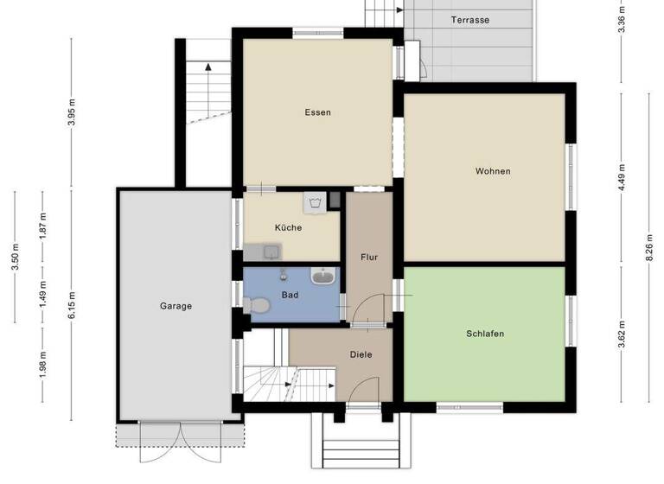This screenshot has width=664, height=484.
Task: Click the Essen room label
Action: click(317, 112)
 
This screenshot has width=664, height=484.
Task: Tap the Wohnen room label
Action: click(493, 171)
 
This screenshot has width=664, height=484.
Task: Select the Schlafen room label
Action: click(485, 334)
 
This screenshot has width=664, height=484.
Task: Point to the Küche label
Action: click(288, 228)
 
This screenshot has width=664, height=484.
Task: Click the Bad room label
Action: click(290, 295)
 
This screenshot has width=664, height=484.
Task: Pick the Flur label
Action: click(369, 257)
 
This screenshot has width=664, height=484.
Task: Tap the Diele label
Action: click(361, 354)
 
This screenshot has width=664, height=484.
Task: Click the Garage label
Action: click(176, 306)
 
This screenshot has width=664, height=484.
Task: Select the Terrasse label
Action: click(470, 20)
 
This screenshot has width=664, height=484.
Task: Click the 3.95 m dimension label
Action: click(72, 112)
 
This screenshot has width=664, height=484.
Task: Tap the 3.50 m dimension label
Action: click(16, 257)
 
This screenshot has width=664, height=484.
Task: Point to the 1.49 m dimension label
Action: click(43, 294)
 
